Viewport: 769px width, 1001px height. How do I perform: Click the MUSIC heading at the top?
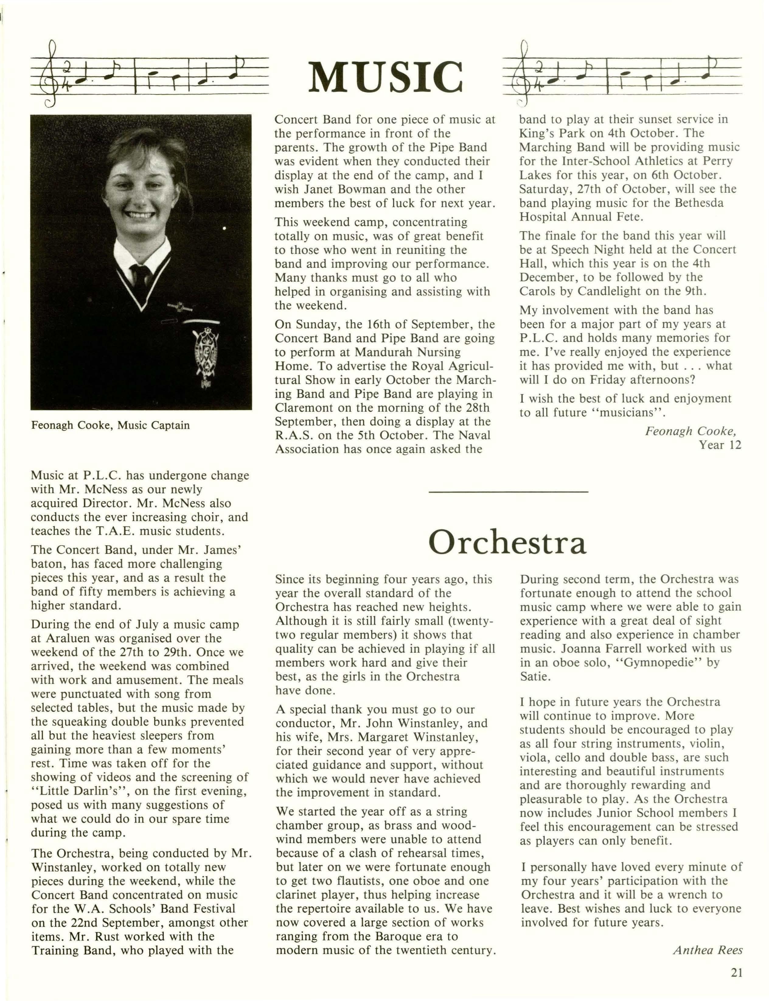point(385,76)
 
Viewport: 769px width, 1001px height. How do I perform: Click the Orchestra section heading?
point(507,543)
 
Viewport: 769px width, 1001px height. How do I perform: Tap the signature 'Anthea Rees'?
point(707,950)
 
